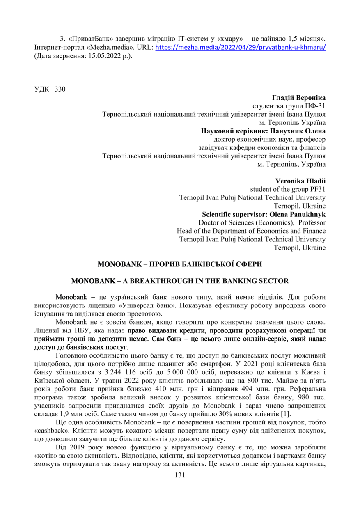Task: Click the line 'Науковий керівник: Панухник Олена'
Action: tap(263, 131)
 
